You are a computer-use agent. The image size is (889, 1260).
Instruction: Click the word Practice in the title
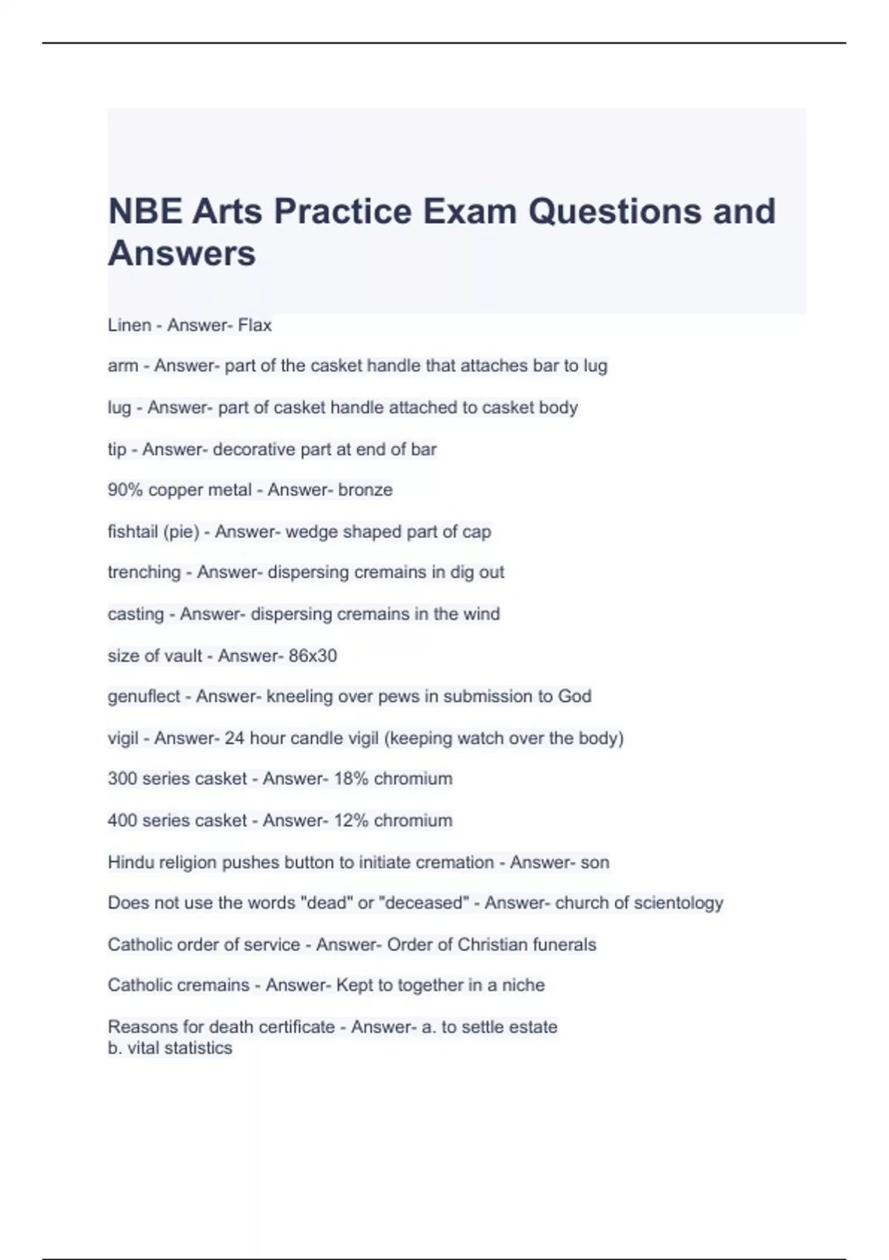pyautogui.click(x=343, y=211)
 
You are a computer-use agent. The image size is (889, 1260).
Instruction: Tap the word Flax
pyautogui.click(x=255, y=325)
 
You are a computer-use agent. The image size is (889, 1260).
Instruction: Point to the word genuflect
pyautogui.click(x=144, y=697)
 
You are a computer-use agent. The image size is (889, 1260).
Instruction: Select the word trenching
pyautogui.click(x=144, y=572)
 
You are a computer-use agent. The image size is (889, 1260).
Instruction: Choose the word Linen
pyautogui.click(x=129, y=325)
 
